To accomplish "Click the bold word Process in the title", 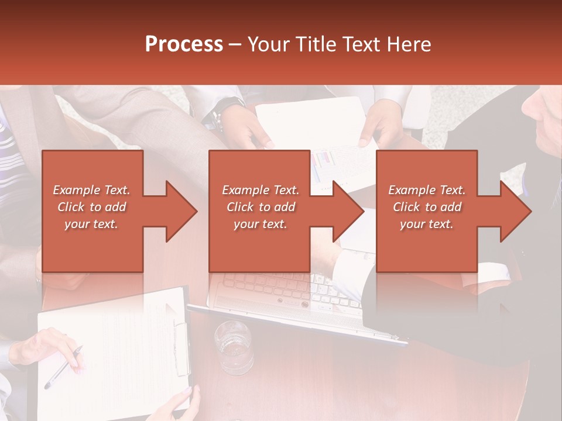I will [184, 44].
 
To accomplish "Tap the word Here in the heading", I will [407, 44].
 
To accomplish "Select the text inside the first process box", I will [91, 207].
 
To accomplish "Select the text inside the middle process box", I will [260, 207].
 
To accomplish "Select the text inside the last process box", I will [427, 207].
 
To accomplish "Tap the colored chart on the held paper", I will [322, 164].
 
